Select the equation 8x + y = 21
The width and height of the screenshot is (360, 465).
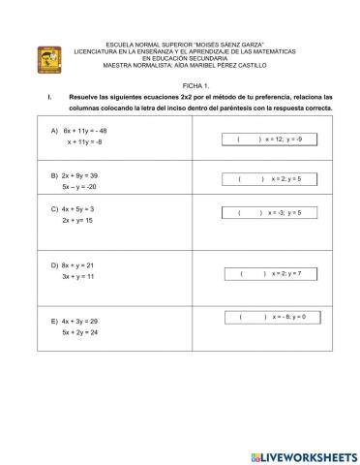(77, 264)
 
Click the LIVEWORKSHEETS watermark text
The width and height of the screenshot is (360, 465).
(302, 455)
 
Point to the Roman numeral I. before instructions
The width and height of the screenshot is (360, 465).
(48, 97)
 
